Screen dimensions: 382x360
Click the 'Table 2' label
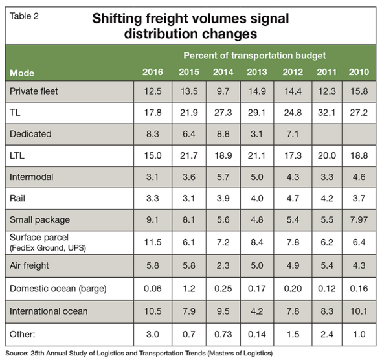pyautogui.click(x=24, y=16)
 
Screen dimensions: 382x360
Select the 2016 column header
pyautogui.click(x=153, y=72)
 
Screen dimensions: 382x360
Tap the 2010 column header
pyautogui.click(x=359, y=72)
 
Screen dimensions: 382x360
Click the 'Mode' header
pyautogui.click(x=22, y=73)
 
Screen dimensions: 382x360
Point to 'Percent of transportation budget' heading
pyautogui.click(x=254, y=56)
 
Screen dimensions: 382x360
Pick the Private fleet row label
pyautogui.click(x=34, y=91)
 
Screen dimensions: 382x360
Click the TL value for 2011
pyautogui.click(x=327, y=113)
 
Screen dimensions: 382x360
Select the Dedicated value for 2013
pyautogui.click(x=257, y=134)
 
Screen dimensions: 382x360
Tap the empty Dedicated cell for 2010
pyautogui.click(x=359, y=135)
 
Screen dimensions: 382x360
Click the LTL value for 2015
pyautogui.click(x=189, y=155)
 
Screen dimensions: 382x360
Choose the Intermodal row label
pyautogui.click(x=32, y=177)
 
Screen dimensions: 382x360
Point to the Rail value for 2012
pyautogui.click(x=293, y=199)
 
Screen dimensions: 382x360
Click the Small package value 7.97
pyautogui.click(x=359, y=220)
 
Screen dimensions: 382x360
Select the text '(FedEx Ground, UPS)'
pyautogui.click(x=48, y=248)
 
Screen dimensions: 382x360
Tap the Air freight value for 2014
pyautogui.click(x=223, y=265)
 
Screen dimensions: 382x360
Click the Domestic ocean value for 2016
pyautogui.click(x=153, y=289)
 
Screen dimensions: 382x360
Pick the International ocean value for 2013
pyautogui.click(x=257, y=311)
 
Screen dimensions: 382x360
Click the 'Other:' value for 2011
pyautogui.click(x=327, y=335)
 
